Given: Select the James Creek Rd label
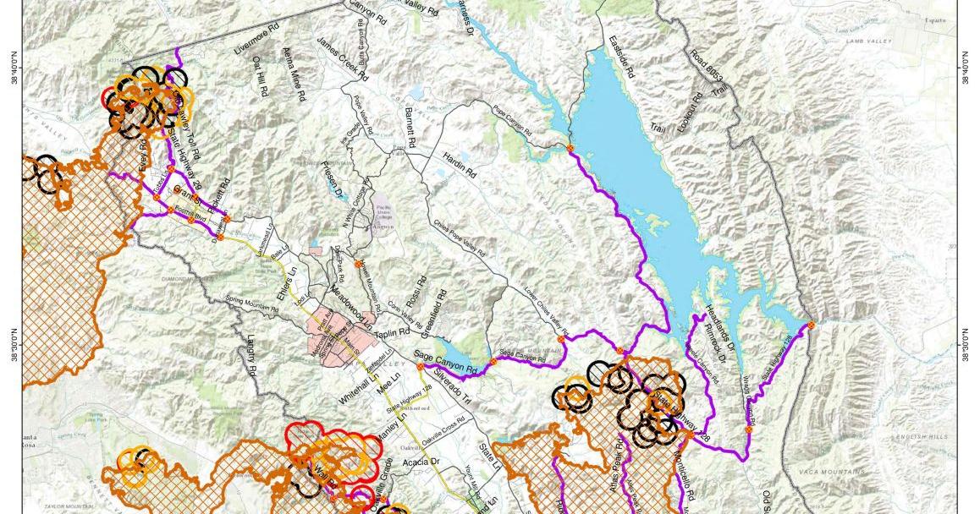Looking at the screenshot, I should coord(343,57).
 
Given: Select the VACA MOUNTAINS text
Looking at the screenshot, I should coord(833,471).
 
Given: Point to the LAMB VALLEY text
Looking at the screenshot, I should coord(865,36).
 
